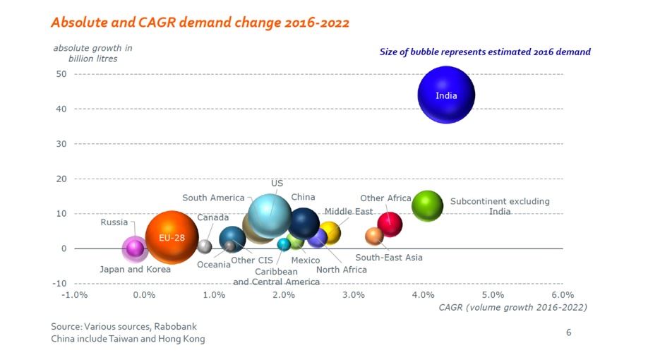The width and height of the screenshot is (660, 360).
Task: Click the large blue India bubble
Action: tap(446, 95)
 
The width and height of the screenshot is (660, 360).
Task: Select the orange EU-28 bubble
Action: tap(172, 238)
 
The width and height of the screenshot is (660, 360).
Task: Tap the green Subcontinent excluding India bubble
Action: tap(427, 205)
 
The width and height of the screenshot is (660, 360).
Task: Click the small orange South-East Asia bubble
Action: tap(374, 236)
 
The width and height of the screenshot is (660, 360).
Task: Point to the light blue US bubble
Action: tap(270, 216)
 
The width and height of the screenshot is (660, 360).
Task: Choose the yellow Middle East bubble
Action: tap(330, 232)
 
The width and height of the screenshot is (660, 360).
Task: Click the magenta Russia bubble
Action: tap(134, 248)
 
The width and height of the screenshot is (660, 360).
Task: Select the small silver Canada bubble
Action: tap(205, 246)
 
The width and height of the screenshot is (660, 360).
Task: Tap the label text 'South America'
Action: tap(213, 198)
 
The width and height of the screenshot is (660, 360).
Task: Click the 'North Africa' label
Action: tap(342, 270)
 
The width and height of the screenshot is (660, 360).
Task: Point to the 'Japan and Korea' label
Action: tap(136, 269)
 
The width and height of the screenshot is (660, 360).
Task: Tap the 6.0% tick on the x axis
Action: tap(562, 294)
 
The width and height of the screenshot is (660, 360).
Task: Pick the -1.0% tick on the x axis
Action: tap(74, 294)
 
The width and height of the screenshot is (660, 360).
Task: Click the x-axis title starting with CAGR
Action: tap(512, 307)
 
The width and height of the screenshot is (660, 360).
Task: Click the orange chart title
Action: tap(200, 23)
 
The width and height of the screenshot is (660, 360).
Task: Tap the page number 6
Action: tap(568, 332)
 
